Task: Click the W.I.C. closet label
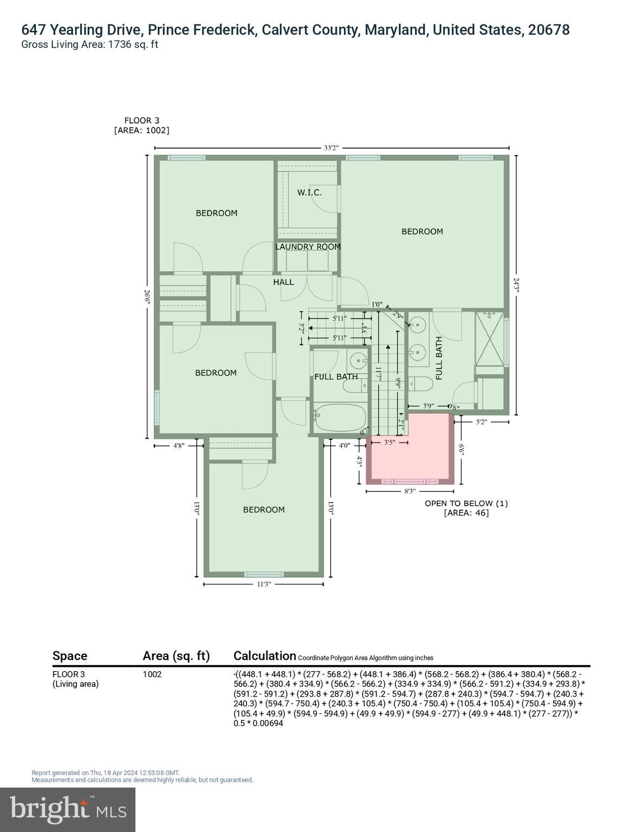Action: [x=309, y=192]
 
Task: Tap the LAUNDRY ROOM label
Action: [x=308, y=247]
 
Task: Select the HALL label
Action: [x=283, y=282]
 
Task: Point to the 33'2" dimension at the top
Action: [x=332, y=148]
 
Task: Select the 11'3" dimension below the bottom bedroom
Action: [x=264, y=584]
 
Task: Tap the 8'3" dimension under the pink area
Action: [x=410, y=491]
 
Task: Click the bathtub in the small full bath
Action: [x=340, y=417]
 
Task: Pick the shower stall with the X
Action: [x=489, y=338]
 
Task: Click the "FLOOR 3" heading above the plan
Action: [x=142, y=121]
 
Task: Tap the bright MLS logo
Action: [x=68, y=809]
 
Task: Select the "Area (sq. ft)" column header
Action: [x=176, y=656]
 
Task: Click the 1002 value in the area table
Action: [x=152, y=674]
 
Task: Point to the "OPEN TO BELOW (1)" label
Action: [x=466, y=503]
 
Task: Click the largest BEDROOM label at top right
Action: [x=422, y=231]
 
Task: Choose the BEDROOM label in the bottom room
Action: [x=264, y=510]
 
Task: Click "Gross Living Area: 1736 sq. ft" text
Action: [x=89, y=45]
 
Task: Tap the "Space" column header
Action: [x=70, y=656]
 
